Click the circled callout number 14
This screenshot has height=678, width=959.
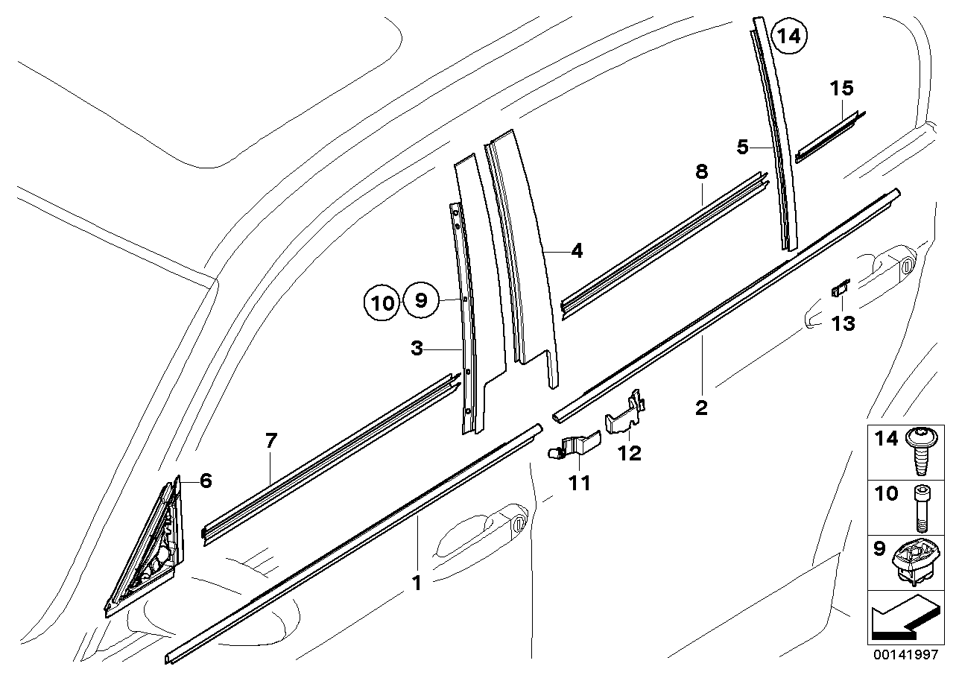click(788, 35)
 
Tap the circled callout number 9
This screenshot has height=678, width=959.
click(420, 302)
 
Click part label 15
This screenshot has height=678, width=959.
click(841, 89)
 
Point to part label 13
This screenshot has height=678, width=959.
click(844, 323)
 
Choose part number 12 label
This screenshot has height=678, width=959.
click(630, 452)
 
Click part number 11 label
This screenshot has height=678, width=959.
click(579, 483)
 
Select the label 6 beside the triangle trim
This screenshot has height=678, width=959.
click(206, 481)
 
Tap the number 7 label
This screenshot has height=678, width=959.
click(270, 441)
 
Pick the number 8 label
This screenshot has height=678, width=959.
click(701, 172)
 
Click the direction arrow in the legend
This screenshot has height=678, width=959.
click(904, 621)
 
